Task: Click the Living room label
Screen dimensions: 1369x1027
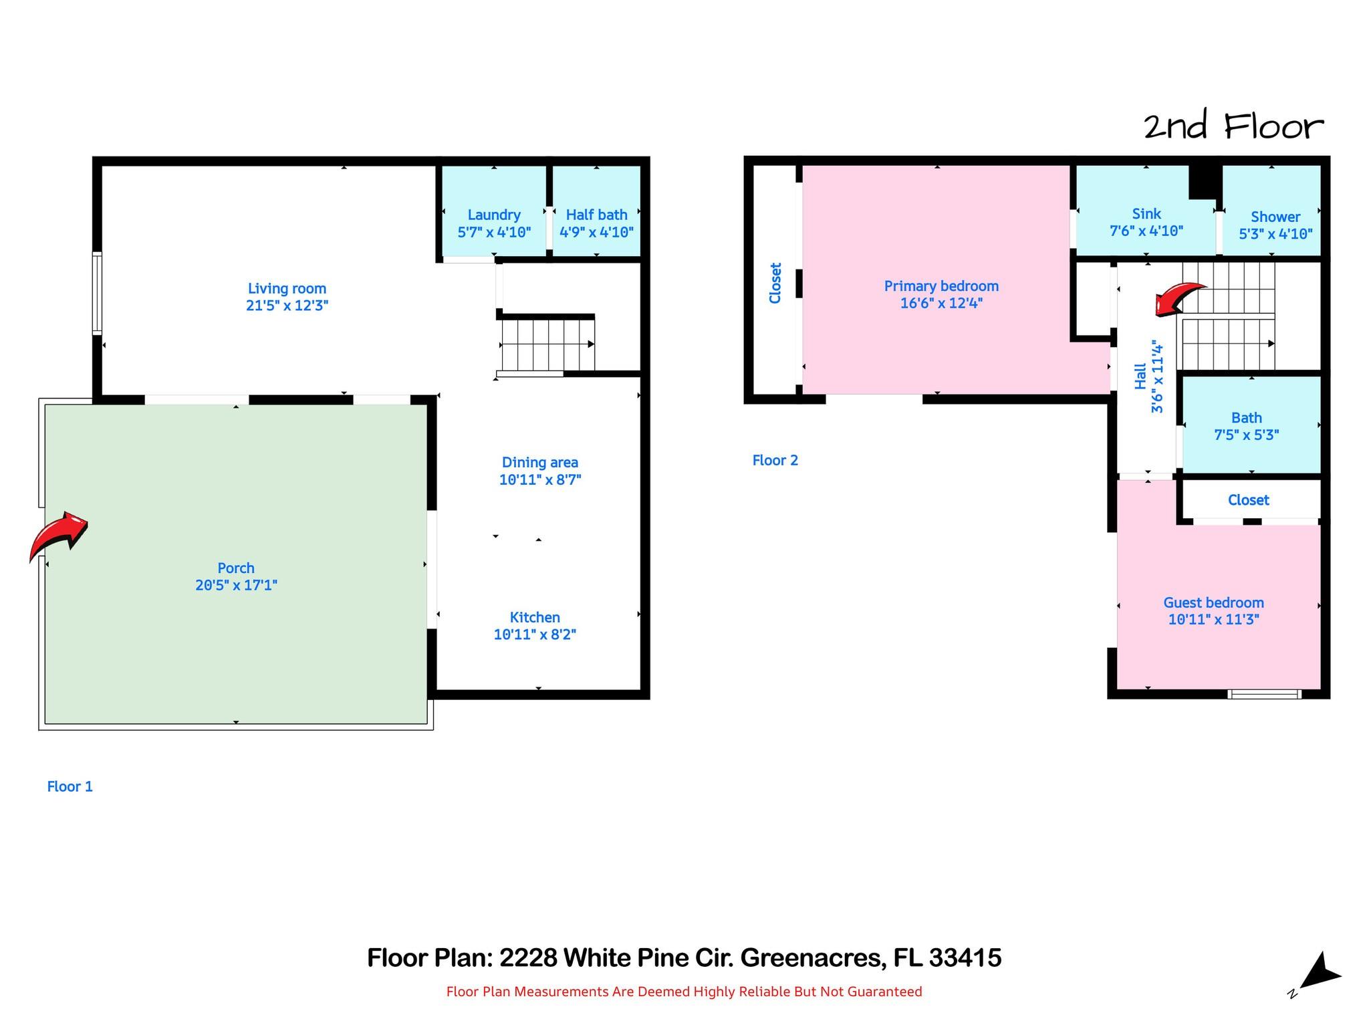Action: pos(287,288)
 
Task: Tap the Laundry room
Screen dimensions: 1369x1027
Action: pos(494,211)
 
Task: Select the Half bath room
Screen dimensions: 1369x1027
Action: pos(596,211)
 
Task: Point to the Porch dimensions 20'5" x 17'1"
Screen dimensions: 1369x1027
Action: pos(236,585)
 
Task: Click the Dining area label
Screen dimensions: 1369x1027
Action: pos(540,462)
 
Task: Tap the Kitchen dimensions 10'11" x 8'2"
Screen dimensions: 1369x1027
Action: pos(535,635)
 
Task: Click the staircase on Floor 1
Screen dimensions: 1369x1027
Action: pos(547,345)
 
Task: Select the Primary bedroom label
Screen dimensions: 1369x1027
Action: pos(941,286)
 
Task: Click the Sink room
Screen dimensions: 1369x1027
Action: pos(1145,211)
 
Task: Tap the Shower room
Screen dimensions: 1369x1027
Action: pos(1271,211)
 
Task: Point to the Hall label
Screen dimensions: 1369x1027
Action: pos(1140,376)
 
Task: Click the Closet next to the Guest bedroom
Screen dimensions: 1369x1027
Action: pos(1249,499)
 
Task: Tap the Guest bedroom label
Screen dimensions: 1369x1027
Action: pos(1214,602)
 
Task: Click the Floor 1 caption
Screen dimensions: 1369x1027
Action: pos(70,786)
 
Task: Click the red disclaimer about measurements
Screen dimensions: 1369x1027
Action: pos(684,992)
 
